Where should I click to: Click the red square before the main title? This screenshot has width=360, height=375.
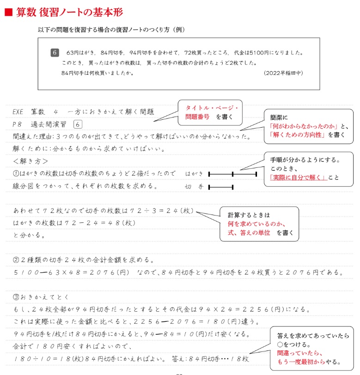(8, 13)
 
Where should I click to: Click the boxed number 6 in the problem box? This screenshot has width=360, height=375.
(55, 52)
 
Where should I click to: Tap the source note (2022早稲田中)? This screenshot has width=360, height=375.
(283, 73)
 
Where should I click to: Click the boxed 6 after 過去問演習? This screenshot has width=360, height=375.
(78, 124)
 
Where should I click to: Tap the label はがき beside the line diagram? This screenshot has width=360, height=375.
(194, 174)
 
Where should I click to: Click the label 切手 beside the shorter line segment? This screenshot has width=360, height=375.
(194, 187)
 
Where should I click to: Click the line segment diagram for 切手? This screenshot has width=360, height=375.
(221, 187)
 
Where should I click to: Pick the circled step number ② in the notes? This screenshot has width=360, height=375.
(16, 260)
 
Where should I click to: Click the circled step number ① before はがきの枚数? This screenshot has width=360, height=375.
(16, 174)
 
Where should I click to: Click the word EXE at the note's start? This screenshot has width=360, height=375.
(20, 112)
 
